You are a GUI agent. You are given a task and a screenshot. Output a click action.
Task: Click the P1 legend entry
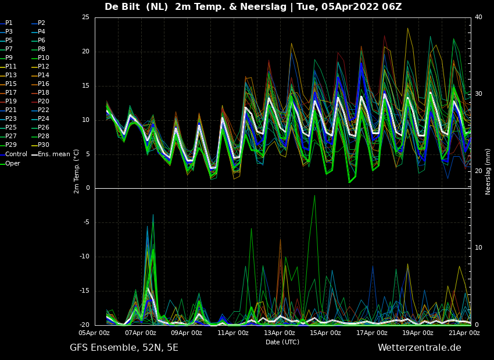(6, 23)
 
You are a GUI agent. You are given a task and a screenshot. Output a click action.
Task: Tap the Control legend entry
(13, 154)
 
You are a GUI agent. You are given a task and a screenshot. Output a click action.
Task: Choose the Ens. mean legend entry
(52, 154)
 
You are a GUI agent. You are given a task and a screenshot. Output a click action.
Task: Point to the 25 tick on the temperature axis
(85, 17)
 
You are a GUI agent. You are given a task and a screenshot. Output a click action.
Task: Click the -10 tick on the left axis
(85, 257)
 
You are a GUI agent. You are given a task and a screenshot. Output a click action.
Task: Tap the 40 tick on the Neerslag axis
(478, 17)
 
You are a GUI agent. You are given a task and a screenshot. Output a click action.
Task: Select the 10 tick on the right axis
(478, 248)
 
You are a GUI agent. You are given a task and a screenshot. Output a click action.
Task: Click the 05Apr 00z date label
(94, 333)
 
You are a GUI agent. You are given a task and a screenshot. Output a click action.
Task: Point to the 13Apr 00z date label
(280, 333)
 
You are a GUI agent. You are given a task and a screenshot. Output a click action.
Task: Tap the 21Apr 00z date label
(464, 333)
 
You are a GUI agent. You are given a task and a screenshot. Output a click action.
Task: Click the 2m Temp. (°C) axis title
(76, 171)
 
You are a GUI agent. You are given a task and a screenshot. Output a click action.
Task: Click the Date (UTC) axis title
(282, 342)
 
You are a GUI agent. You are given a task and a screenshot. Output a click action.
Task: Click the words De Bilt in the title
(122, 6)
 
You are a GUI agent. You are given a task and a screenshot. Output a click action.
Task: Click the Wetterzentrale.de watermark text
(420, 347)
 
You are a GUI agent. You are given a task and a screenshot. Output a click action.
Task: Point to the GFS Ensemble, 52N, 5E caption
(124, 348)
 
